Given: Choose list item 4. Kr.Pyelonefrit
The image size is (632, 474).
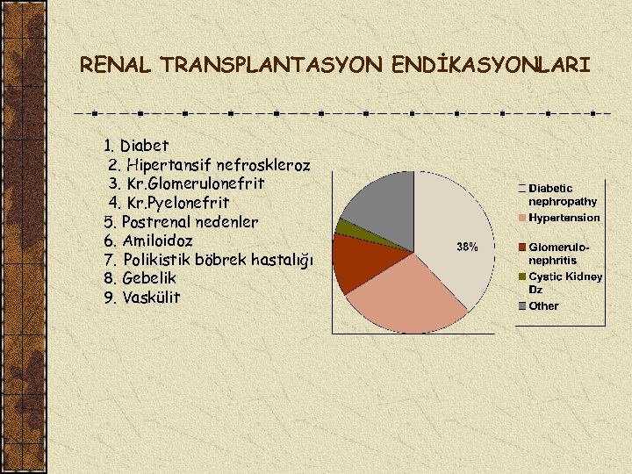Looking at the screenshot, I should coord(169,203).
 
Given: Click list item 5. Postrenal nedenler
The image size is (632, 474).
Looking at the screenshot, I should coord(181,221).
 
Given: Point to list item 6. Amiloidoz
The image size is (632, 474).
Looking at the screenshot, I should coord(148,241).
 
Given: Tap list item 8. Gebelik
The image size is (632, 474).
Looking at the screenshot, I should coord(140,278).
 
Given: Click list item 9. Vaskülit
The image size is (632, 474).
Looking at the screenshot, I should coord(141,298).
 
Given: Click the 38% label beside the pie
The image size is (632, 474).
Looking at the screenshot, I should coord(467,248).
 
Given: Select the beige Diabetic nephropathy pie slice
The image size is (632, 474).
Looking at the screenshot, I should coord(452,228).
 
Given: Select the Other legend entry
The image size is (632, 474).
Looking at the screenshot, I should coord(542,306).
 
